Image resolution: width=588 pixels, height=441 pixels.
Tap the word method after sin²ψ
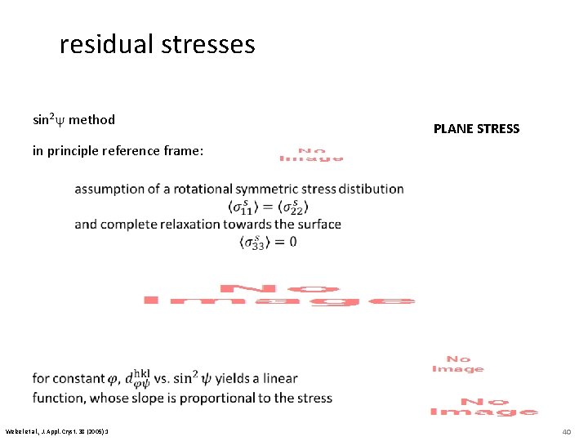click(x=91, y=120)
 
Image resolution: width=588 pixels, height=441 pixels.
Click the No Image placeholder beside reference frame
click(x=311, y=154)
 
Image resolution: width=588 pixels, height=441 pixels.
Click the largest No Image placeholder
click(x=279, y=296)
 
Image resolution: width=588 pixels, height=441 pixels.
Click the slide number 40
click(x=566, y=430)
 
